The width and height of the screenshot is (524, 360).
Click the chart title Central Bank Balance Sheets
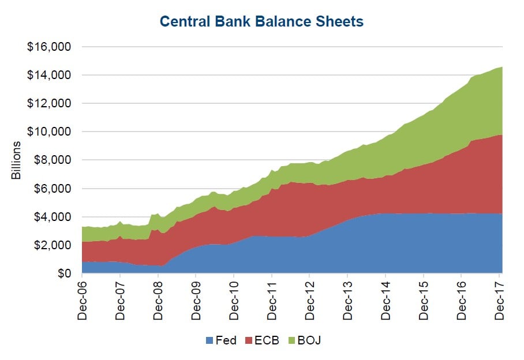pos(261,22)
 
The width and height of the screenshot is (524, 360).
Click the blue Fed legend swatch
pos(209,340)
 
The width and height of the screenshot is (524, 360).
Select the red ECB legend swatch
pos(249,340)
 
